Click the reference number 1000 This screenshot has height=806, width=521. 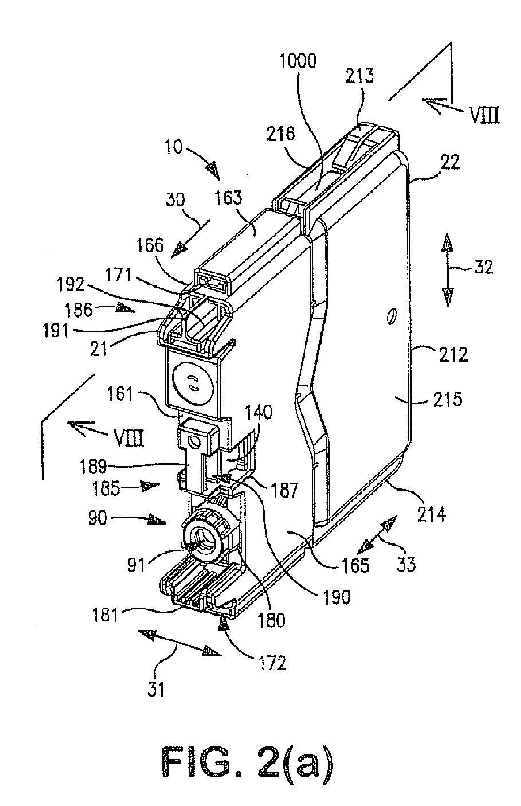click(x=297, y=61)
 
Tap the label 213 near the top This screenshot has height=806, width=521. click(x=359, y=75)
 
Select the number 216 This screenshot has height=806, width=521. click(x=281, y=134)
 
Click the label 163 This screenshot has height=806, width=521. click(x=229, y=198)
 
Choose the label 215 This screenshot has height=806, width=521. click(x=448, y=399)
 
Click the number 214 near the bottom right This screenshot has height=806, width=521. click(x=432, y=515)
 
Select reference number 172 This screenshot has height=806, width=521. click(x=272, y=663)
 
